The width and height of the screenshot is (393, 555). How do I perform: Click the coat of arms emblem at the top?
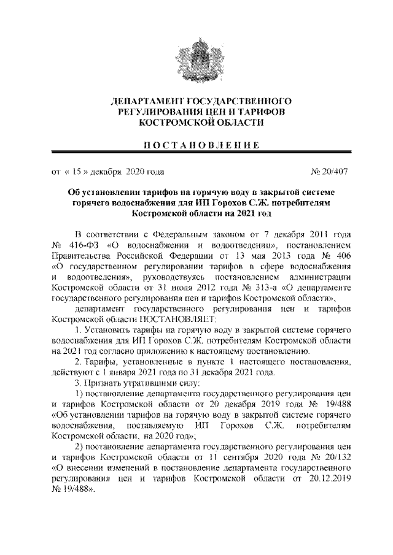point(196,55)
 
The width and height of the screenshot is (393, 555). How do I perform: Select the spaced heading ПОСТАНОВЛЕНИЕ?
point(196,145)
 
